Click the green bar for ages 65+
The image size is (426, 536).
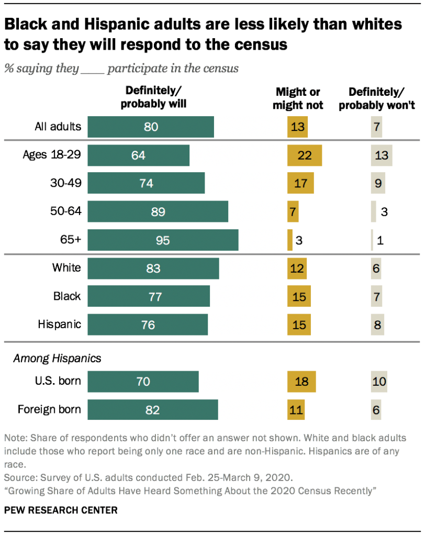pyautogui.click(x=163, y=240)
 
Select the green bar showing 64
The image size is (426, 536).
pyautogui.click(x=138, y=155)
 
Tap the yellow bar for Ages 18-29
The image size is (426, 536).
pyautogui.click(x=304, y=155)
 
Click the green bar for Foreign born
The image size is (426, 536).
pyautogui.click(x=152, y=409)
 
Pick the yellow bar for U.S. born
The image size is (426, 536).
pyautogui.click(x=301, y=382)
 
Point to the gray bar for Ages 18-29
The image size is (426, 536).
pyautogui.click(x=382, y=155)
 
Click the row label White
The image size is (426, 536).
pyautogui.click(x=66, y=268)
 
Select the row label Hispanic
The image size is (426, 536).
pyautogui.click(x=59, y=324)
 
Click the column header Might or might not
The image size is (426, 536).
pyautogui.click(x=298, y=98)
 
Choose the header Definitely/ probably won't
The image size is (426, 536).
pyautogui.click(x=377, y=98)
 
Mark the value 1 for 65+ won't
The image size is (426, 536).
pyautogui.click(x=380, y=240)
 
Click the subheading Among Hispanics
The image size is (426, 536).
pyautogui.click(x=57, y=359)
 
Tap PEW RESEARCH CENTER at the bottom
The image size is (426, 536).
pyautogui.click(x=61, y=509)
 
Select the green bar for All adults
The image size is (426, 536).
pyautogui.click(x=151, y=127)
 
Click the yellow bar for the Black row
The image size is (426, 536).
pyautogui.click(x=299, y=296)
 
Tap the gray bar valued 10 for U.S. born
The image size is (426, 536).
pyautogui.click(x=378, y=382)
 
